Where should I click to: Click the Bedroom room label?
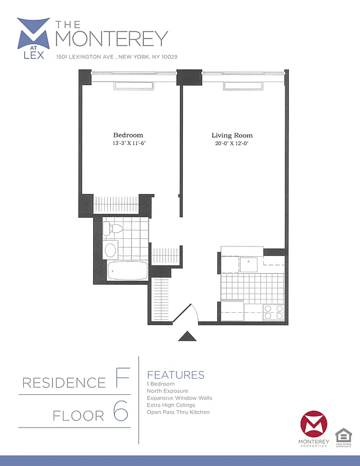[128, 135]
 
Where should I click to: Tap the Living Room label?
[232, 136]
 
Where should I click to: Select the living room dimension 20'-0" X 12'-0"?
[232, 143]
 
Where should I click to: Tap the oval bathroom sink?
[110, 250]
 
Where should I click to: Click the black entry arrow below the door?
[186, 336]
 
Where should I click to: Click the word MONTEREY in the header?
[111, 38]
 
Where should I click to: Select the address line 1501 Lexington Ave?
[117, 57]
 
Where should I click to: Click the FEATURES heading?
[176, 375]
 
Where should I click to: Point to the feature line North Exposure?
[168, 391]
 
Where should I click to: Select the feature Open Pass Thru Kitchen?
[178, 412]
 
